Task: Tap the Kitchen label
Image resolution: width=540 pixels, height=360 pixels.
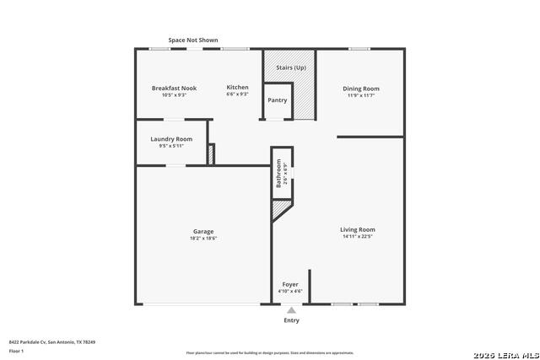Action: pyautogui.click(x=237, y=88)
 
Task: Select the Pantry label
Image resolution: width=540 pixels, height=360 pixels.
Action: pyautogui.click(x=278, y=100)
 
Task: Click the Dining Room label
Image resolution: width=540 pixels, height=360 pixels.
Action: pyautogui.click(x=360, y=89)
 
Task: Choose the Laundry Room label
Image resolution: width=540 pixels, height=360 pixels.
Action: pyautogui.click(x=171, y=138)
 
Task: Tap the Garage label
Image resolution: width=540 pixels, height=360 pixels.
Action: pyautogui.click(x=202, y=231)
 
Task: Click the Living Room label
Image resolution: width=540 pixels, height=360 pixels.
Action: pyautogui.click(x=358, y=229)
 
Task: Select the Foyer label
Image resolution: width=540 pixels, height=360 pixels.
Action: pyautogui.click(x=290, y=285)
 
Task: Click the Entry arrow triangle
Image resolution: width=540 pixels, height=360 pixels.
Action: pyautogui.click(x=291, y=310)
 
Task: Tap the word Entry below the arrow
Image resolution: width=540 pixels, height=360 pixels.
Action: pyautogui.click(x=291, y=320)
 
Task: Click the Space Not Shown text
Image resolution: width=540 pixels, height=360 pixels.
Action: pyautogui.click(x=193, y=40)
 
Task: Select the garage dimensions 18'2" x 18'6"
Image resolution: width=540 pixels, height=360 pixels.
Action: pyautogui.click(x=202, y=239)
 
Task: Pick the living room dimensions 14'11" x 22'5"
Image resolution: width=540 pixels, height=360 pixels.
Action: pyautogui.click(x=358, y=237)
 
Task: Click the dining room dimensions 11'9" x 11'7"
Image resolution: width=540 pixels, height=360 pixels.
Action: pyautogui.click(x=360, y=95)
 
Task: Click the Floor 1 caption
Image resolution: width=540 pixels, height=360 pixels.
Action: pyautogui.click(x=16, y=350)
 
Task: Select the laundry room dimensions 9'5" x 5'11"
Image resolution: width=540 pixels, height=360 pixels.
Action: pyautogui.click(x=171, y=146)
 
